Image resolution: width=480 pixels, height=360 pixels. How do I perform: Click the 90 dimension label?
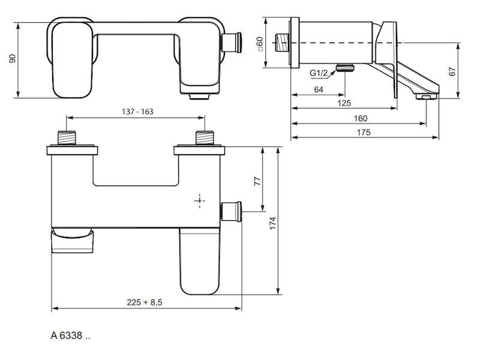coord(13,59)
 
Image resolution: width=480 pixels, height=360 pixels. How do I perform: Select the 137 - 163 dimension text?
coord(137,112)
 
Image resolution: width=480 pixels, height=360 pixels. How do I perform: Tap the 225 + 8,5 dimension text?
coord(145,302)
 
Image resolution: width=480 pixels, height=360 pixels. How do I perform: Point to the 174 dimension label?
coord(273,223)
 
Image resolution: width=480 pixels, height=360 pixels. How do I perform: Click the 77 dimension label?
coord(258,181)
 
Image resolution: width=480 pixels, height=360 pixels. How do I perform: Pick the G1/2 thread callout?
coord(319,73)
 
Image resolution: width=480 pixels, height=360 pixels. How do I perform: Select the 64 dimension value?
coord(319,89)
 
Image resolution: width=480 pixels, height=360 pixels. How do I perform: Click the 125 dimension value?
coord(344,103)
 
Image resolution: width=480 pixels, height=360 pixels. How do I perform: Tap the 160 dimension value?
coord(361,118)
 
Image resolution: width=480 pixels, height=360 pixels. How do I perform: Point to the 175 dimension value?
coord(364,133)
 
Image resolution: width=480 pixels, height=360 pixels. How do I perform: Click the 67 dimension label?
coord(452,71)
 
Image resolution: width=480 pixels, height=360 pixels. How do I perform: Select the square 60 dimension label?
coord(260,43)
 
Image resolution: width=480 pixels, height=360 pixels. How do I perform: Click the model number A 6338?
coord(70,336)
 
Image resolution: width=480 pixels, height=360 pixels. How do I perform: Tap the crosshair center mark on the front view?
coord(200,200)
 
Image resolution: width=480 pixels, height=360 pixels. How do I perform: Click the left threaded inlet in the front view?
coord(67,137)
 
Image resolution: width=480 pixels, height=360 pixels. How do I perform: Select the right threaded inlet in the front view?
coord(205,137)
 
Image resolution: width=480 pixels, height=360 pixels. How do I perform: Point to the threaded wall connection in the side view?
coord(282,43)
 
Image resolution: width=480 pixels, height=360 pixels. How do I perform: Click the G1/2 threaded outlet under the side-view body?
coord(345,68)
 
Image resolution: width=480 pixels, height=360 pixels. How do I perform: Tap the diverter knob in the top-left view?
coord(232,42)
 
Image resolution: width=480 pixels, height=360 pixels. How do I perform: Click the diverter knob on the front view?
coord(232,212)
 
